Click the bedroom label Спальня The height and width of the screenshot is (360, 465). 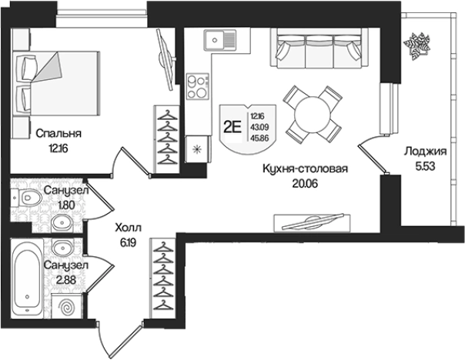point(59,134)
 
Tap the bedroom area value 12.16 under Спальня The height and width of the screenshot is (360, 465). point(58,148)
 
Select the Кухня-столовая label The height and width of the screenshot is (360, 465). point(305,169)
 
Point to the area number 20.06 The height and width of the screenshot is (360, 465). point(305,184)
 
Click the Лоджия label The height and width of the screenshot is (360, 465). point(425,152)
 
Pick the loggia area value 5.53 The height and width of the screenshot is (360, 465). point(425,166)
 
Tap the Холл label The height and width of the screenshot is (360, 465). point(128,228)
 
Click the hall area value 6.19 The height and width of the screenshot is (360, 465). point(128,243)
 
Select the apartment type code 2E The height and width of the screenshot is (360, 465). point(232,128)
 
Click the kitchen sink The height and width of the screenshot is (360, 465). point(219,40)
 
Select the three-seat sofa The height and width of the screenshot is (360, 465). point(319,48)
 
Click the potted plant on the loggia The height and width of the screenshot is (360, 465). point(417,45)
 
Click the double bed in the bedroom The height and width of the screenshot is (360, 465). point(55,83)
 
